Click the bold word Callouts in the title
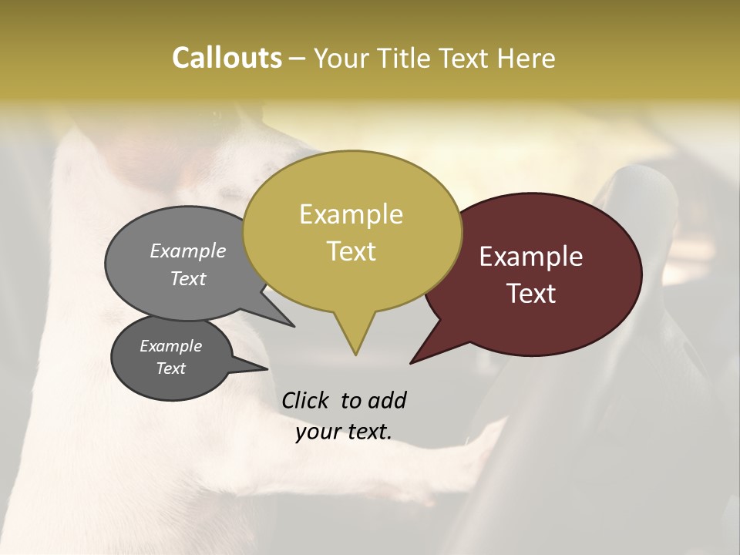[227, 58]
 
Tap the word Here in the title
[526, 58]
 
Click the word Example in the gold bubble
[351, 214]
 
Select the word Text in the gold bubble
[351, 251]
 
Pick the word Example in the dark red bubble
[531, 257]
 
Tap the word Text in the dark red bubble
[531, 294]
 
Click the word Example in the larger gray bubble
[188, 251]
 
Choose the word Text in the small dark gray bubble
[171, 368]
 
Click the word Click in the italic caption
[307, 400]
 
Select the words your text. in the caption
[344, 432]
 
